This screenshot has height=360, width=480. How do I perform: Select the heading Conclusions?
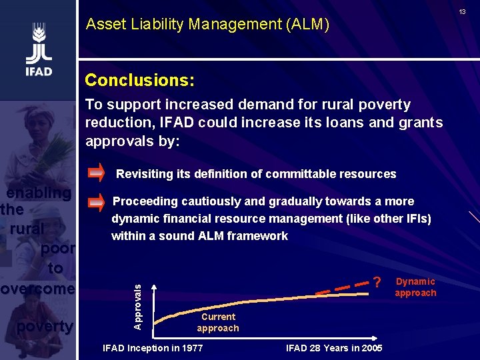click(139, 81)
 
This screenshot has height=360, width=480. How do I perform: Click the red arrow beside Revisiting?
click(96, 173)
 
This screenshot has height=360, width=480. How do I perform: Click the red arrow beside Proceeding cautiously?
click(96, 202)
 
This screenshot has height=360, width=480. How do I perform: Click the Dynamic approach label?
click(415, 287)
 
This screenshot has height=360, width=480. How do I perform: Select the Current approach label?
click(217, 323)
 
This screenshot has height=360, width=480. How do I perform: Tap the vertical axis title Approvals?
click(137, 306)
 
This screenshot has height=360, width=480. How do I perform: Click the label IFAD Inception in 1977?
click(153, 348)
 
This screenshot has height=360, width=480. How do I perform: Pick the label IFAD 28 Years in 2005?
click(334, 348)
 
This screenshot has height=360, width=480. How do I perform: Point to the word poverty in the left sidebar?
click(44, 327)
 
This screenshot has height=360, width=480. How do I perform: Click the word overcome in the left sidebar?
click(37, 289)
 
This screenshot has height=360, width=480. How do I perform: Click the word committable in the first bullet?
click(297, 174)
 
